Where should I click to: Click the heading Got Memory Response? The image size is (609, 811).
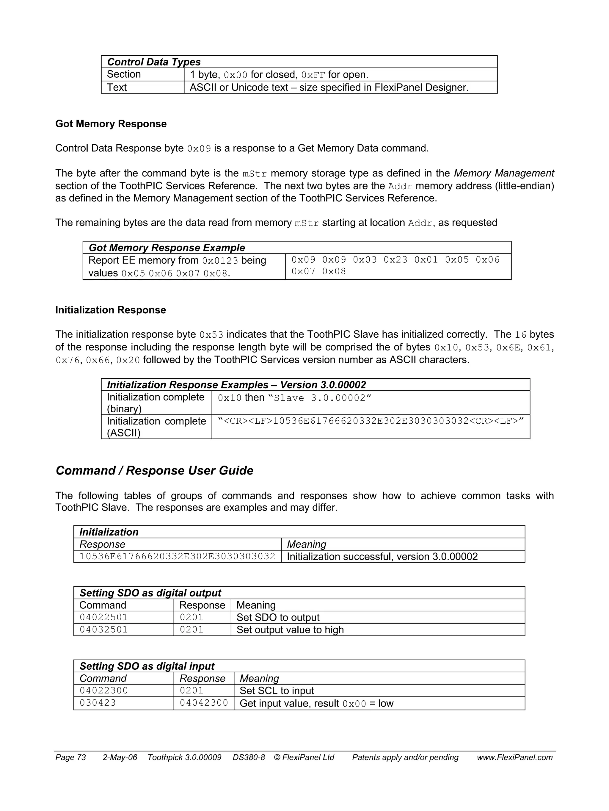[x=111, y=124]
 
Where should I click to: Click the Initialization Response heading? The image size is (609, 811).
[x=110, y=310]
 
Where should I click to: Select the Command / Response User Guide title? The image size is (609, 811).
[x=154, y=471]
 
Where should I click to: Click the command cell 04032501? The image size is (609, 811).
[x=104, y=630]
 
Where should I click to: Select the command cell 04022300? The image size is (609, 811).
[x=104, y=691]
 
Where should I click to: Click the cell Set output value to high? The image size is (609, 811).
[x=290, y=630]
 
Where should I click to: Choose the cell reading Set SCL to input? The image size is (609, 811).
[x=277, y=691]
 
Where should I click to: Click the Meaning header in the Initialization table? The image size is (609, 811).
[x=306, y=544]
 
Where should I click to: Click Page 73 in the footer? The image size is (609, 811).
[x=70, y=757]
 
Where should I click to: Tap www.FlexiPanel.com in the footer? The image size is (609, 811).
[x=514, y=757]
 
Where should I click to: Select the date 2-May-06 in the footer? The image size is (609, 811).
[x=120, y=757]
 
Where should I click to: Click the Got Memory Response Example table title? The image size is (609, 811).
[x=167, y=248]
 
